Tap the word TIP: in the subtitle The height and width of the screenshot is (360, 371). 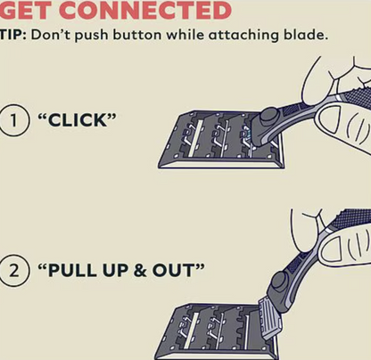coord(12,35)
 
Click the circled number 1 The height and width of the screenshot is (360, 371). coord(14,121)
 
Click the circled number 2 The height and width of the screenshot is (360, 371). coord(14,271)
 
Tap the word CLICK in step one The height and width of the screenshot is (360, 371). coord(78,120)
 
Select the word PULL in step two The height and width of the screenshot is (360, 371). coord(72,271)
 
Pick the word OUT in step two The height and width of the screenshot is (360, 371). coord(173,271)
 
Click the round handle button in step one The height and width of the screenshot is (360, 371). coord(268,117)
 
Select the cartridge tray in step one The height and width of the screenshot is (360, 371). coord(221,140)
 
